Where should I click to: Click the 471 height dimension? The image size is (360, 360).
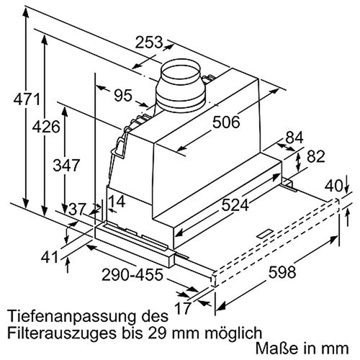[27, 99]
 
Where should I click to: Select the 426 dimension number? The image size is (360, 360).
[46, 127]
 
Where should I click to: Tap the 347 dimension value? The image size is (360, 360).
[66, 165]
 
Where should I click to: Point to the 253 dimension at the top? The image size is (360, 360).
[149, 42]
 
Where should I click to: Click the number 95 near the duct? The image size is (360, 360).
[123, 95]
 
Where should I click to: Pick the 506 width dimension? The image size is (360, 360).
[226, 122]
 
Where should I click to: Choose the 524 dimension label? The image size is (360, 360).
[235, 205]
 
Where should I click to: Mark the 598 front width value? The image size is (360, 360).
[282, 272]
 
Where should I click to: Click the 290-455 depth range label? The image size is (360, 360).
[132, 275]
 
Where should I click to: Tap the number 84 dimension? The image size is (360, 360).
[294, 138]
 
